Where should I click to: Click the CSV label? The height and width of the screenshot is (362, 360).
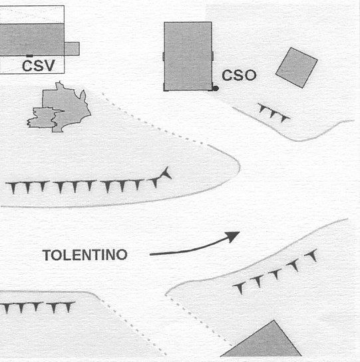tap(39, 66)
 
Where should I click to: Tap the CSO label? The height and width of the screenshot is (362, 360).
tap(239, 75)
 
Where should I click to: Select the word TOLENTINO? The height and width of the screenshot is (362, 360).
tap(85, 255)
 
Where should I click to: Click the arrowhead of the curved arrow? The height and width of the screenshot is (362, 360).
tap(233, 237)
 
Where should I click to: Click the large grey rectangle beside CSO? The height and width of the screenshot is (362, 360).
tap(188, 57)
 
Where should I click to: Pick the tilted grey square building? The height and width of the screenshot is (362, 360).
tap(297, 68)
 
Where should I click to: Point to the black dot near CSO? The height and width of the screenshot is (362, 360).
tap(216, 89)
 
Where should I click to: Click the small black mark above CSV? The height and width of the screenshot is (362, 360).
tap(29, 56)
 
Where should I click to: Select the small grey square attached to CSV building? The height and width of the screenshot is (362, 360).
tap(72, 49)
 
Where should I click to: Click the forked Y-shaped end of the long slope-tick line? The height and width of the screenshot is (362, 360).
tap(166, 174)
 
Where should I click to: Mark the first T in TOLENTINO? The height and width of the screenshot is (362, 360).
tap(47, 255)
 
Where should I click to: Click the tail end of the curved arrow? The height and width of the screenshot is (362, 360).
tap(150, 254)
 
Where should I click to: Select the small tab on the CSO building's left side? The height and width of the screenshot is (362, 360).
tap(164, 57)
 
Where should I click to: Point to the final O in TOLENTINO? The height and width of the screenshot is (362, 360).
tap(121, 255)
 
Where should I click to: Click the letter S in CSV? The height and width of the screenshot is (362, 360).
tap(38, 66)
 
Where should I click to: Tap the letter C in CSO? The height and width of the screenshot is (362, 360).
tap(227, 75)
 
